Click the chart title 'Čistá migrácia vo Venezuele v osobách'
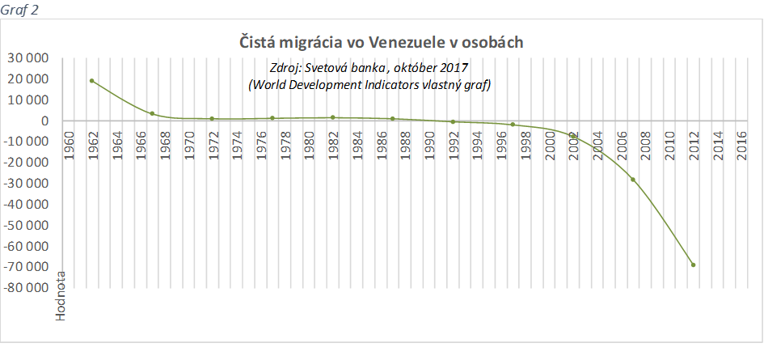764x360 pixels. click(382, 42)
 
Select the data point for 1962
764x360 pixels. click(91, 81)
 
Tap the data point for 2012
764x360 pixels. click(693, 265)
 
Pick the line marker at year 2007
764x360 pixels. click(633, 179)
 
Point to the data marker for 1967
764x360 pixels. click(152, 113)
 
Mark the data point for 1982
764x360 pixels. click(332, 117)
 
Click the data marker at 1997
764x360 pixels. click(513, 125)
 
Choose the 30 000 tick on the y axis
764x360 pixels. click(28, 58)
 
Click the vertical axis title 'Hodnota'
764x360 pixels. click(61, 298)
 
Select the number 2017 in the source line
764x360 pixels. click(453, 68)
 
